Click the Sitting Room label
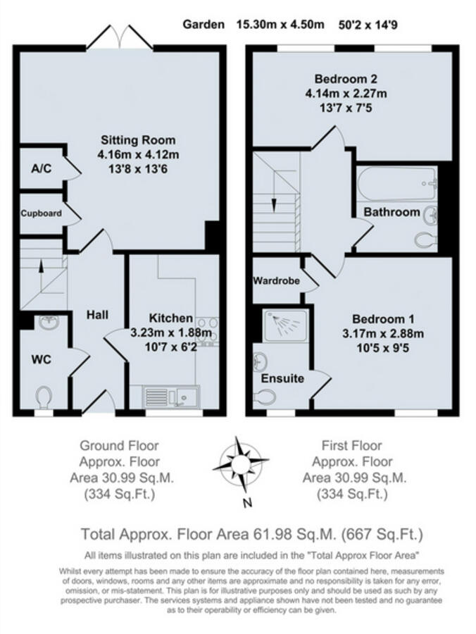[138, 139]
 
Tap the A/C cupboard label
[39, 169]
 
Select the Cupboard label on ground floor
[41, 213]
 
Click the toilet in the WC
[44, 397]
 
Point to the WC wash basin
[47, 323]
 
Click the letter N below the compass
[246, 503]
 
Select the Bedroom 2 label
[346, 78]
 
